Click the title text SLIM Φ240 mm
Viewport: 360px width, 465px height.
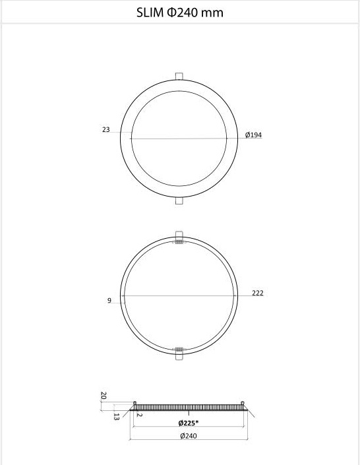pyautogui.click(x=180, y=13)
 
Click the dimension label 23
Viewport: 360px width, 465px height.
pyautogui.click(x=106, y=129)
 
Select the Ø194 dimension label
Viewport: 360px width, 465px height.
pyautogui.click(x=254, y=135)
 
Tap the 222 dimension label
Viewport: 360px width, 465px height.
pyautogui.click(x=258, y=293)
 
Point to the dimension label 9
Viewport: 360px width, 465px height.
pyautogui.click(x=109, y=301)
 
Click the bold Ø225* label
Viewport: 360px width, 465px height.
pyautogui.click(x=189, y=423)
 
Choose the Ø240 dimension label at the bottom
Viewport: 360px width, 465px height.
pyautogui.click(x=189, y=435)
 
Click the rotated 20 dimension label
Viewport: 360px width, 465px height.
pyautogui.click(x=104, y=395)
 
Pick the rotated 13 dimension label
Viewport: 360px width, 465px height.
pyautogui.click(x=116, y=417)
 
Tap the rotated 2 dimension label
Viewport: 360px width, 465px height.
pyautogui.click(x=140, y=415)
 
